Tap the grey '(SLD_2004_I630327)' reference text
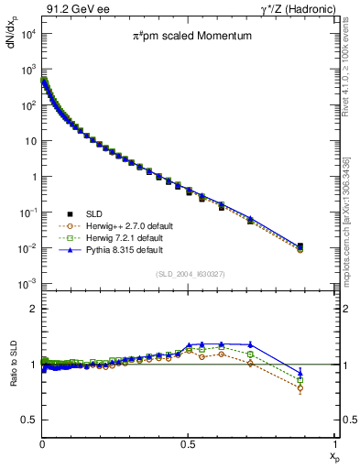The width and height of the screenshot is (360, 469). pyautogui.click(x=191, y=274)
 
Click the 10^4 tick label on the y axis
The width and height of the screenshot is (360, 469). pyautogui.click(x=27, y=34)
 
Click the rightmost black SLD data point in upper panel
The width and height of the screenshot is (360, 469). pyautogui.click(x=300, y=245)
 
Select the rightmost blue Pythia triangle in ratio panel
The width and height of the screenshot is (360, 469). pyautogui.click(x=300, y=373)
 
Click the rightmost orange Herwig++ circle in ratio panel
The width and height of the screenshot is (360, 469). pyautogui.click(x=300, y=388)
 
